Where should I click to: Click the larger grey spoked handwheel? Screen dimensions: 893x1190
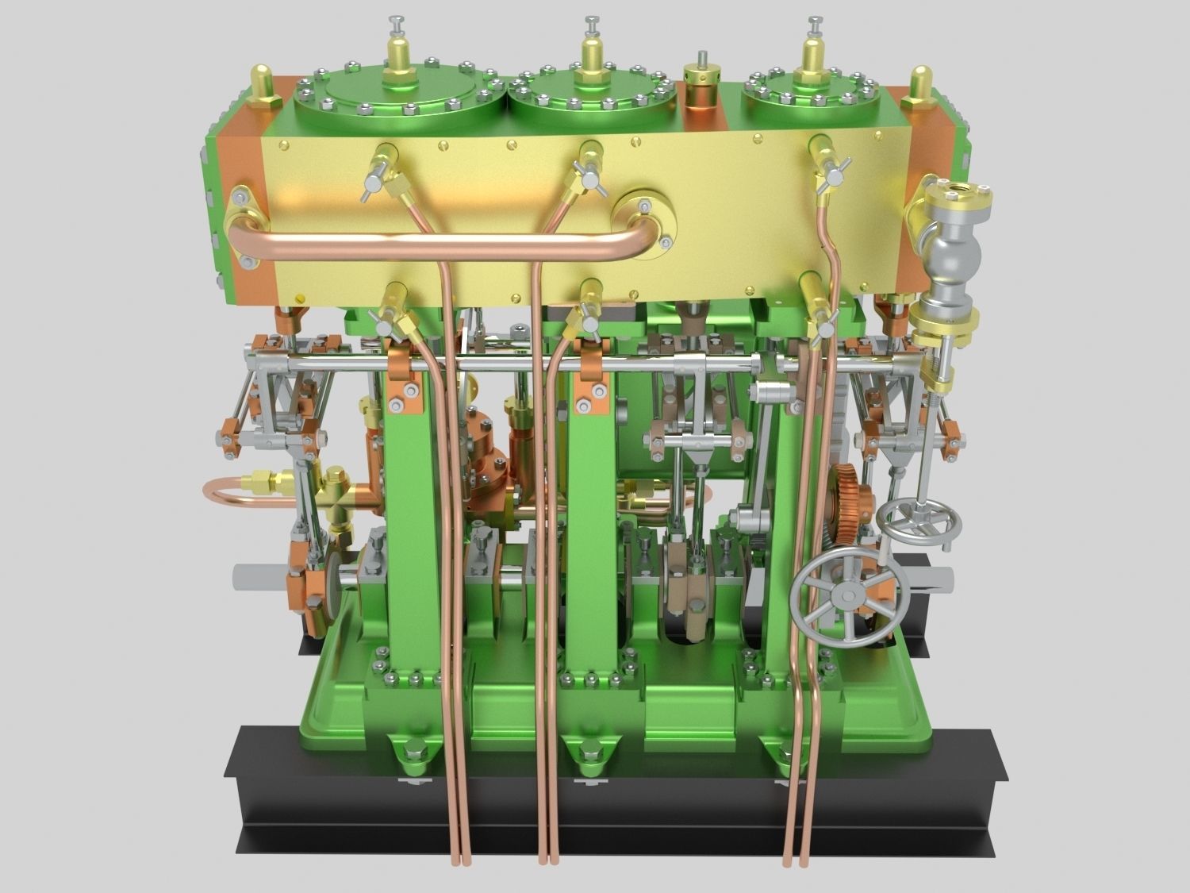coord(847,594)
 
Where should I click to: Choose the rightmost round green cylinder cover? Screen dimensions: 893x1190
coord(809,99)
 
